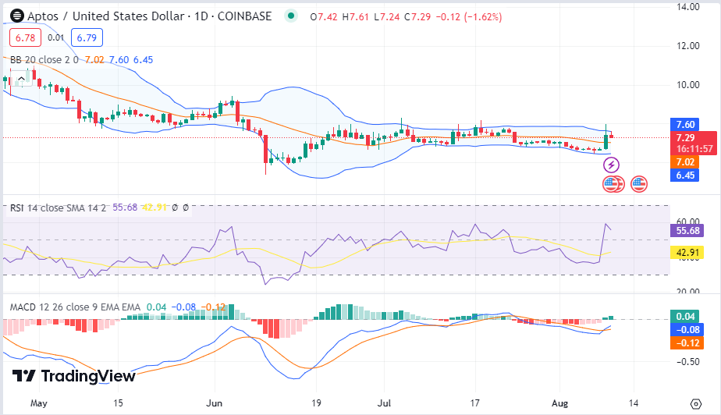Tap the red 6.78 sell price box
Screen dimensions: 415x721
pyautogui.click(x=23, y=36)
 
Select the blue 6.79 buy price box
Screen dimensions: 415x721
pyautogui.click(x=83, y=36)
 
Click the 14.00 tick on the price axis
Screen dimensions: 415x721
pyautogui.click(x=687, y=7)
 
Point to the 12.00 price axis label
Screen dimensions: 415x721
pyautogui.click(x=687, y=45)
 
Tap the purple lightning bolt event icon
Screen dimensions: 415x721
pyautogui.click(x=613, y=165)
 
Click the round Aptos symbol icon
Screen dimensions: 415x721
pyautogui.click(x=13, y=16)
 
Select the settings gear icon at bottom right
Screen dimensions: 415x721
pyautogui.click(x=696, y=403)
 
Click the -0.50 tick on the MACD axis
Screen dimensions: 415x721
pyautogui.click(x=687, y=361)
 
